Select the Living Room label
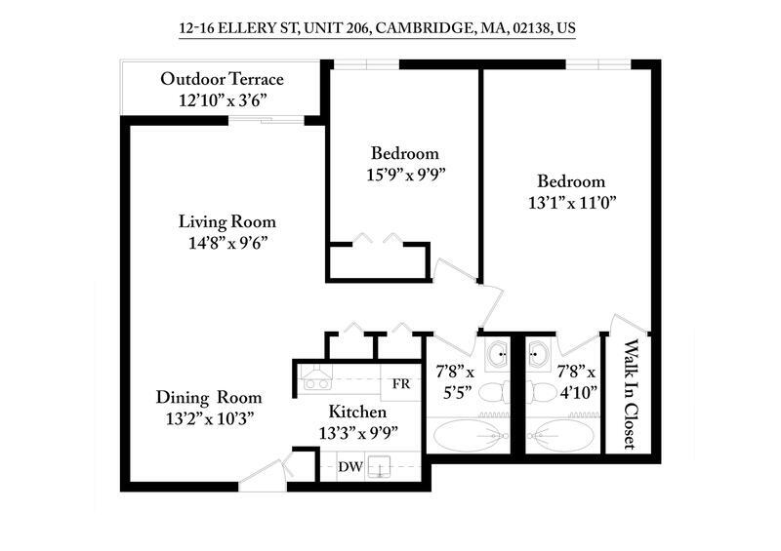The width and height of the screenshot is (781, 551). pos(226,221)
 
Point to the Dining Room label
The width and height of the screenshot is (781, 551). pos(209,397)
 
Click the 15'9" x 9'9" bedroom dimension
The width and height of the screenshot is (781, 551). pos(404,176)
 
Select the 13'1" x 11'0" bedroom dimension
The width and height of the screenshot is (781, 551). pos(571,203)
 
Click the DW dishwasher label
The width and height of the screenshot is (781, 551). pos(350,467)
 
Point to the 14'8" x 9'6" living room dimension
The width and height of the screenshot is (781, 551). pos(226,243)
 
